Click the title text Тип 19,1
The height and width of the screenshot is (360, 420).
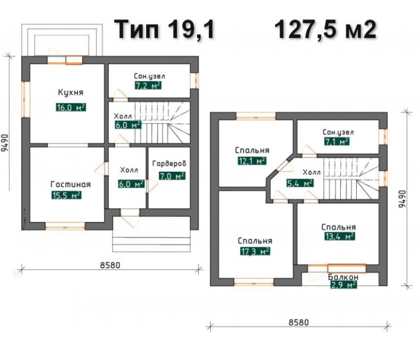(164, 30)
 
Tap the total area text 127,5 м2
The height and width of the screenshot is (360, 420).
(325, 30)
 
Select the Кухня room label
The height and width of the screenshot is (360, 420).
(71, 92)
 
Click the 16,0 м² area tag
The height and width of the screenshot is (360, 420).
(71, 107)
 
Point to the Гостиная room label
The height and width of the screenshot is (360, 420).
(71, 184)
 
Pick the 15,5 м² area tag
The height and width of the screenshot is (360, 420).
(66, 195)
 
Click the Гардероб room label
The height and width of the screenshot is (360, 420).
(169, 164)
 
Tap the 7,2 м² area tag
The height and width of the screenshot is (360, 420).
(148, 86)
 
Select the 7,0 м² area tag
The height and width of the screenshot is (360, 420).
(172, 176)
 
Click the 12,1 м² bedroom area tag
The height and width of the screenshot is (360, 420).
(252, 161)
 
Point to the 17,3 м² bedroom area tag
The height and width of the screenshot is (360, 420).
(255, 251)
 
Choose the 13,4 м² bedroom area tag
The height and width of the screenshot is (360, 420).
(340, 236)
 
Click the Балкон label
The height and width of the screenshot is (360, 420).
(343, 277)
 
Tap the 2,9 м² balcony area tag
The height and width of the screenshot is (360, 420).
(344, 285)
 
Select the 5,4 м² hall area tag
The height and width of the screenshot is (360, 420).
(300, 183)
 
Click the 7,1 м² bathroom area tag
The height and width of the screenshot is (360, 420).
(337, 141)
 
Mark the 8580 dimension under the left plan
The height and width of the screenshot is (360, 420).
(110, 265)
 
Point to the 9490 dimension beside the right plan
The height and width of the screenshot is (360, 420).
(402, 199)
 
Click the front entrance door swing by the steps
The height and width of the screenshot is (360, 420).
(130, 219)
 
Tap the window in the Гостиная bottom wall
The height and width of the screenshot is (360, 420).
(65, 228)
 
